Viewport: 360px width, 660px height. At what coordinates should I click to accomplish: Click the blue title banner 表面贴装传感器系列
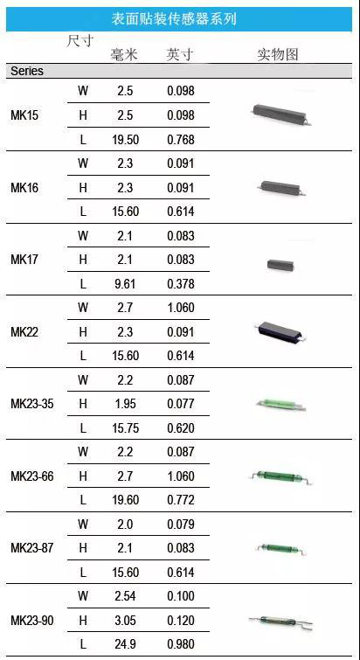(179, 19)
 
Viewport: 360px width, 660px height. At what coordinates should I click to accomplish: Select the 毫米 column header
(124, 55)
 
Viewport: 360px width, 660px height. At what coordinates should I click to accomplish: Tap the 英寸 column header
(180, 55)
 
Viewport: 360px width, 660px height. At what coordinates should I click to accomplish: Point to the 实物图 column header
(278, 55)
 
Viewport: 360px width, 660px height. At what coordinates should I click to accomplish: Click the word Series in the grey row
(27, 71)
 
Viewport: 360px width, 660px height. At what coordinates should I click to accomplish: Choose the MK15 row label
(24, 115)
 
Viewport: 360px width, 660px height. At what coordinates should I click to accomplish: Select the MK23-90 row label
(32, 620)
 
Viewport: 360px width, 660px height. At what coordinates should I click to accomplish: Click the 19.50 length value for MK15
(125, 139)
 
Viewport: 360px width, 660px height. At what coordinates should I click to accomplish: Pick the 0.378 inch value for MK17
(181, 284)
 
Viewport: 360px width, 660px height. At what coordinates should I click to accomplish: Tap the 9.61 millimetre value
(125, 284)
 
